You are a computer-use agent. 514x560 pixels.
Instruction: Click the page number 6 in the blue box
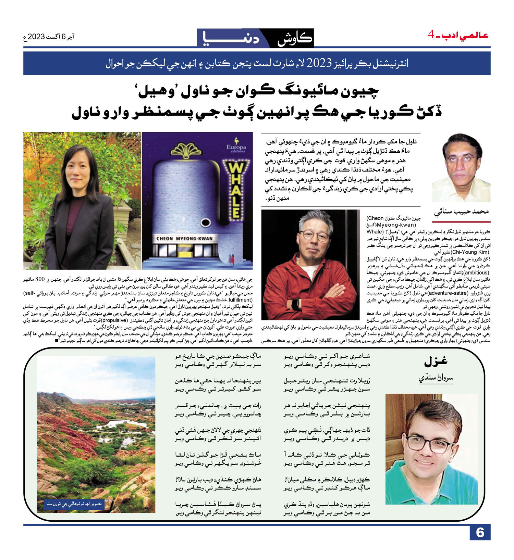point(480,533)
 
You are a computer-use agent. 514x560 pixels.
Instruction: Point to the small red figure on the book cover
point(233,259)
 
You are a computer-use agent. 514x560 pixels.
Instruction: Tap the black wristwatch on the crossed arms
point(295,303)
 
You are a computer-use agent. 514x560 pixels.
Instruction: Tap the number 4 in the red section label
point(431,34)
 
